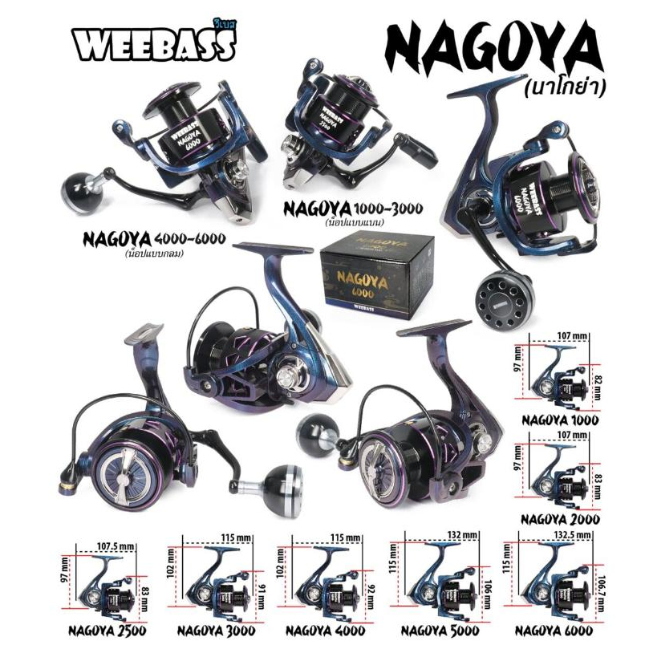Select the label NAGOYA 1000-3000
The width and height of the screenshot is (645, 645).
coord(353,209)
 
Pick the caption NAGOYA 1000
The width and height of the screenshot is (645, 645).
coord(561,419)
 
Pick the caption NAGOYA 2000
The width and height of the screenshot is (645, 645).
coord(561,519)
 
